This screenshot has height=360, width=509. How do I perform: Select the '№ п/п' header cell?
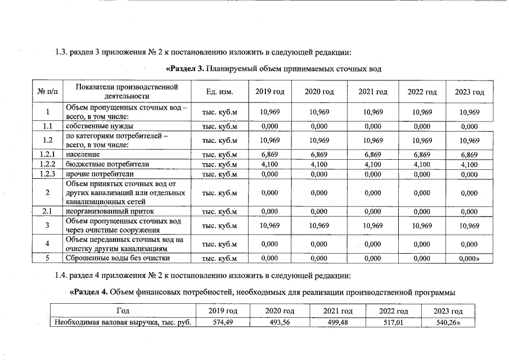pyautogui.click(x=48, y=92)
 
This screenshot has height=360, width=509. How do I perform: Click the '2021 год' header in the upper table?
pyautogui.click(x=373, y=92)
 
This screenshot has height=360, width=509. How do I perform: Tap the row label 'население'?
pyautogui.click(x=83, y=154)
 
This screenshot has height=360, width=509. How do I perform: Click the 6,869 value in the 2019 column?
pyautogui.click(x=270, y=154)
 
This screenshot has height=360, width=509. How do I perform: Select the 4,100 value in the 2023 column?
pyautogui.click(x=469, y=164)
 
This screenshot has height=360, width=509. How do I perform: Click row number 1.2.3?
pyautogui.click(x=48, y=174)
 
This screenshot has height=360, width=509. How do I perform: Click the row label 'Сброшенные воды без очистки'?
pyautogui.click(x=118, y=258)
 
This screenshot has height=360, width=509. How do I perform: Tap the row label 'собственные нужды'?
pyautogui.click(x=99, y=126)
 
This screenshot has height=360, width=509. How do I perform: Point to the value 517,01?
pyautogui.click(x=393, y=322)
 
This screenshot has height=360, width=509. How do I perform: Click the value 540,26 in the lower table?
pyautogui.click(x=448, y=322)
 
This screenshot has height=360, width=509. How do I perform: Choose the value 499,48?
pyautogui.click(x=337, y=322)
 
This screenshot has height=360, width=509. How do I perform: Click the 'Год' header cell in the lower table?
pyautogui.click(x=123, y=311)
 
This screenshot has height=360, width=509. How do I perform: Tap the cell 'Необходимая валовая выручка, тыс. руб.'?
pyautogui.click(x=123, y=322)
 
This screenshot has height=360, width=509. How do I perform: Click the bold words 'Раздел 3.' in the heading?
pyautogui.click(x=185, y=69)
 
